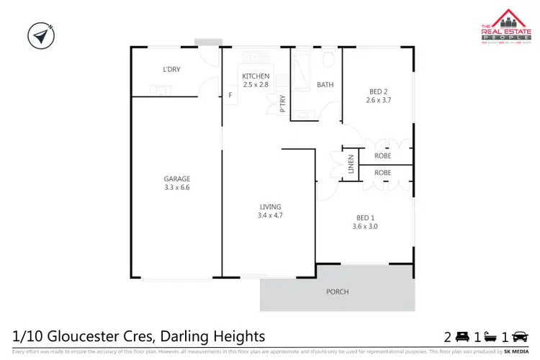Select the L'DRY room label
click(171, 70)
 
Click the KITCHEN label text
click(256, 76)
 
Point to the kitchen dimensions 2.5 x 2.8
click(256, 85)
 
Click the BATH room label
click(325, 85)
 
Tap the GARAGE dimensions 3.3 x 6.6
click(176, 187)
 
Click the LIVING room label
click(270, 207)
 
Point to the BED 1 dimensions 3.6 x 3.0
click(366, 226)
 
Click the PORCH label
click(337, 292)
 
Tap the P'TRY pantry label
click(283, 104)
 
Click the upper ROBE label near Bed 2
click(382, 155)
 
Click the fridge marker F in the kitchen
click(230, 95)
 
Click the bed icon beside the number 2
click(463, 336)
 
